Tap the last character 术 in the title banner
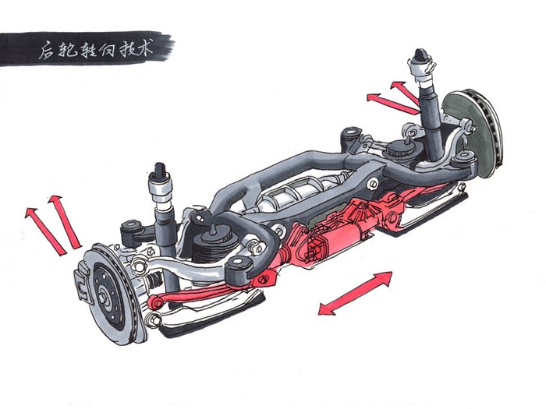(x=144, y=49)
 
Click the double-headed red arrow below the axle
(x=355, y=293)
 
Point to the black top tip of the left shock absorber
(x=159, y=169)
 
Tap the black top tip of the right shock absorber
(x=420, y=55)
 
